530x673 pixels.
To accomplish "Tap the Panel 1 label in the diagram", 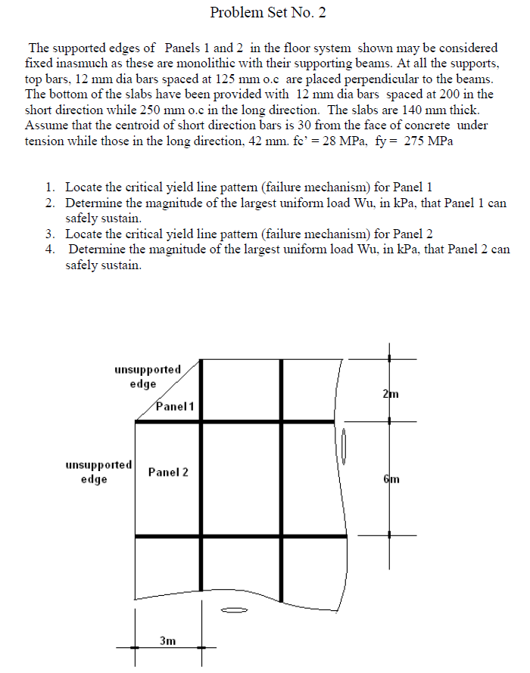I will (175, 406).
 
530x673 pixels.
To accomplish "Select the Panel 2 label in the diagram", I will (168, 473).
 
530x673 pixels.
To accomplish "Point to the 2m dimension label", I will (391, 394).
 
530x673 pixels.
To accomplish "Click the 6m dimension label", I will (391, 479).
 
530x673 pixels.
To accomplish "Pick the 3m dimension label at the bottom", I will (168, 640).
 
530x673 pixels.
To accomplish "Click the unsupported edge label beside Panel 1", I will (148, 377).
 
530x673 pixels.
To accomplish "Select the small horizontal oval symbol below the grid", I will (235, 609).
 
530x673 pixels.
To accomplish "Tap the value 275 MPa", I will (428, 141).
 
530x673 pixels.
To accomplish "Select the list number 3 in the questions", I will (49, 233).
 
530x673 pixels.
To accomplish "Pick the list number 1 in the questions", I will (49, 186).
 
